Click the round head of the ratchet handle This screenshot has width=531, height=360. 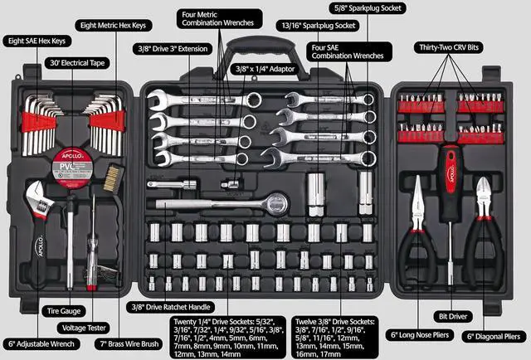point(275,202)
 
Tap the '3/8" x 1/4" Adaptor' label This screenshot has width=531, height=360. point(264,68)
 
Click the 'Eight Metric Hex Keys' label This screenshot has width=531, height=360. point(114,26)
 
